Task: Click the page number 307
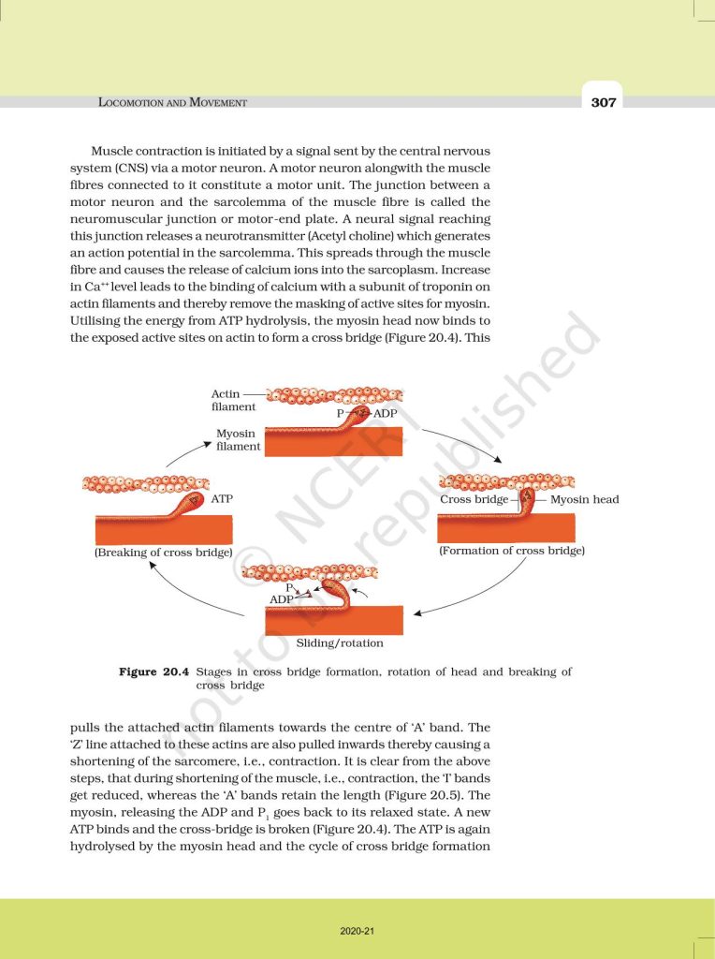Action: [x=604, y=102]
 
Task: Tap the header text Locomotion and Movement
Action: [x=172, y=102]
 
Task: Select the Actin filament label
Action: [x=226, y=401]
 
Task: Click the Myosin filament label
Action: [x=238, y=440]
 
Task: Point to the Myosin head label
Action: [x=584, y=499]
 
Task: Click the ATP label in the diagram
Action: [x=222, y=499]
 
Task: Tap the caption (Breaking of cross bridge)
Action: [x=163, y=553]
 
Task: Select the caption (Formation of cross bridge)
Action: [x=512, y=551]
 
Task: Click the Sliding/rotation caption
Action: [x=340, y=643]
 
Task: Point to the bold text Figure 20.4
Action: [x=154, y=672]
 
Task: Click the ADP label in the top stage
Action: [x=385, y=413]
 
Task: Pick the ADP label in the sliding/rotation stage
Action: [x=282, y=598]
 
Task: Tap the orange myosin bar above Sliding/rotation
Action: [x=334, y=620]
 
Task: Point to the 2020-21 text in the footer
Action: [x=357, y=931]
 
